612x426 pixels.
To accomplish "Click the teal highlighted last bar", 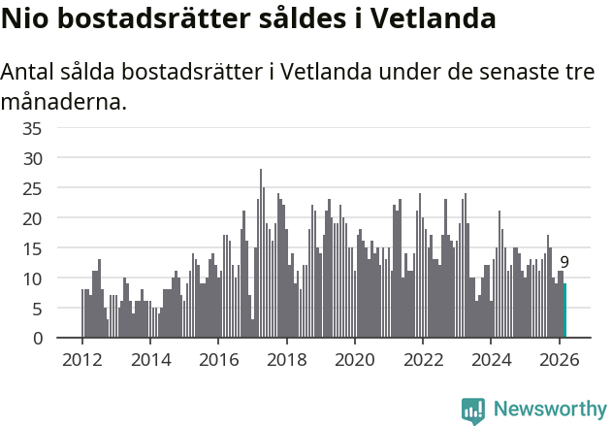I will (564, 311).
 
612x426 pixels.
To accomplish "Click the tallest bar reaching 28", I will (261, 254).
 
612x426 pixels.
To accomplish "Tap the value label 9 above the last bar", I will (564, 262).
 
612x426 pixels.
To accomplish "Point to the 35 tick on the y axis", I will (58, 128).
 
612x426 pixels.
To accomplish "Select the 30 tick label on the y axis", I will (58, 158).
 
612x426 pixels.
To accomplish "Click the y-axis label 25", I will (58, 188).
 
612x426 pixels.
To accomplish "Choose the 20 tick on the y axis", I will (58, 218).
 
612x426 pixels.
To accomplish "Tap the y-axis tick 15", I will (58, 248).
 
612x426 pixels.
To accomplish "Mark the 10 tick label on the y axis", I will (58, 279).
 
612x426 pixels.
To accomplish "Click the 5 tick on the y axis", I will (63, 309).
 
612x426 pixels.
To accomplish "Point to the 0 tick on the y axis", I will (63, 339).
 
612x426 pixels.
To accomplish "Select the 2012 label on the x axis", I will (81, 358).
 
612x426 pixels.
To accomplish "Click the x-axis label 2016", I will (218, 358).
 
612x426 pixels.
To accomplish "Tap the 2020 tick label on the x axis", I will (354, 358).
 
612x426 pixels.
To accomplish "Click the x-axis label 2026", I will (559, 358).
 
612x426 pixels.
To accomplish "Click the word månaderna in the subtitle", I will (64, 100).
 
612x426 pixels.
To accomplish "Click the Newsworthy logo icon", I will (473, 410).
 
